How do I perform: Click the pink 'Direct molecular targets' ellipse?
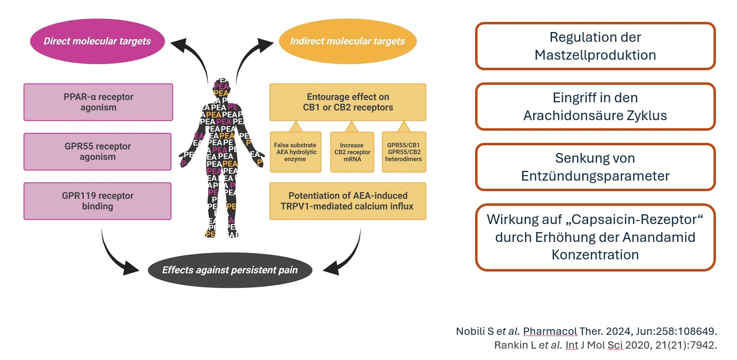click(97, 41)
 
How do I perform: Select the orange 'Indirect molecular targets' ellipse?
click(348, 41)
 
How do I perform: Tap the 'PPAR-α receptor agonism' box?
click(98, 102)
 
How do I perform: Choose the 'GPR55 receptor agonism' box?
click(97, 151)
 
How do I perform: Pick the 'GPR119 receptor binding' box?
click(97, 201)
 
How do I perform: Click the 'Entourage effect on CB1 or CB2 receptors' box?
click(348, 102)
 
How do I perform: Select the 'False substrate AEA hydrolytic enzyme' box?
click(295, 152)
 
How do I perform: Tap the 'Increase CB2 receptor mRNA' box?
click(352, 152)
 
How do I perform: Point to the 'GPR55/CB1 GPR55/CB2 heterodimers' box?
click(404, 152)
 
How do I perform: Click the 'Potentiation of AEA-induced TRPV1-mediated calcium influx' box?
click(348, 201)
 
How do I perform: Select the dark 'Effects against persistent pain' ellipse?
click(230, 270)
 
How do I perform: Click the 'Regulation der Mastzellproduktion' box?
click(595, 46)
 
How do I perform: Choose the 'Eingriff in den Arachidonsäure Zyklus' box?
click(595, 106)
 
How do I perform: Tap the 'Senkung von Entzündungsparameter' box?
click(595, 167)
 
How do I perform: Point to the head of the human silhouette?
click(221, 87)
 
